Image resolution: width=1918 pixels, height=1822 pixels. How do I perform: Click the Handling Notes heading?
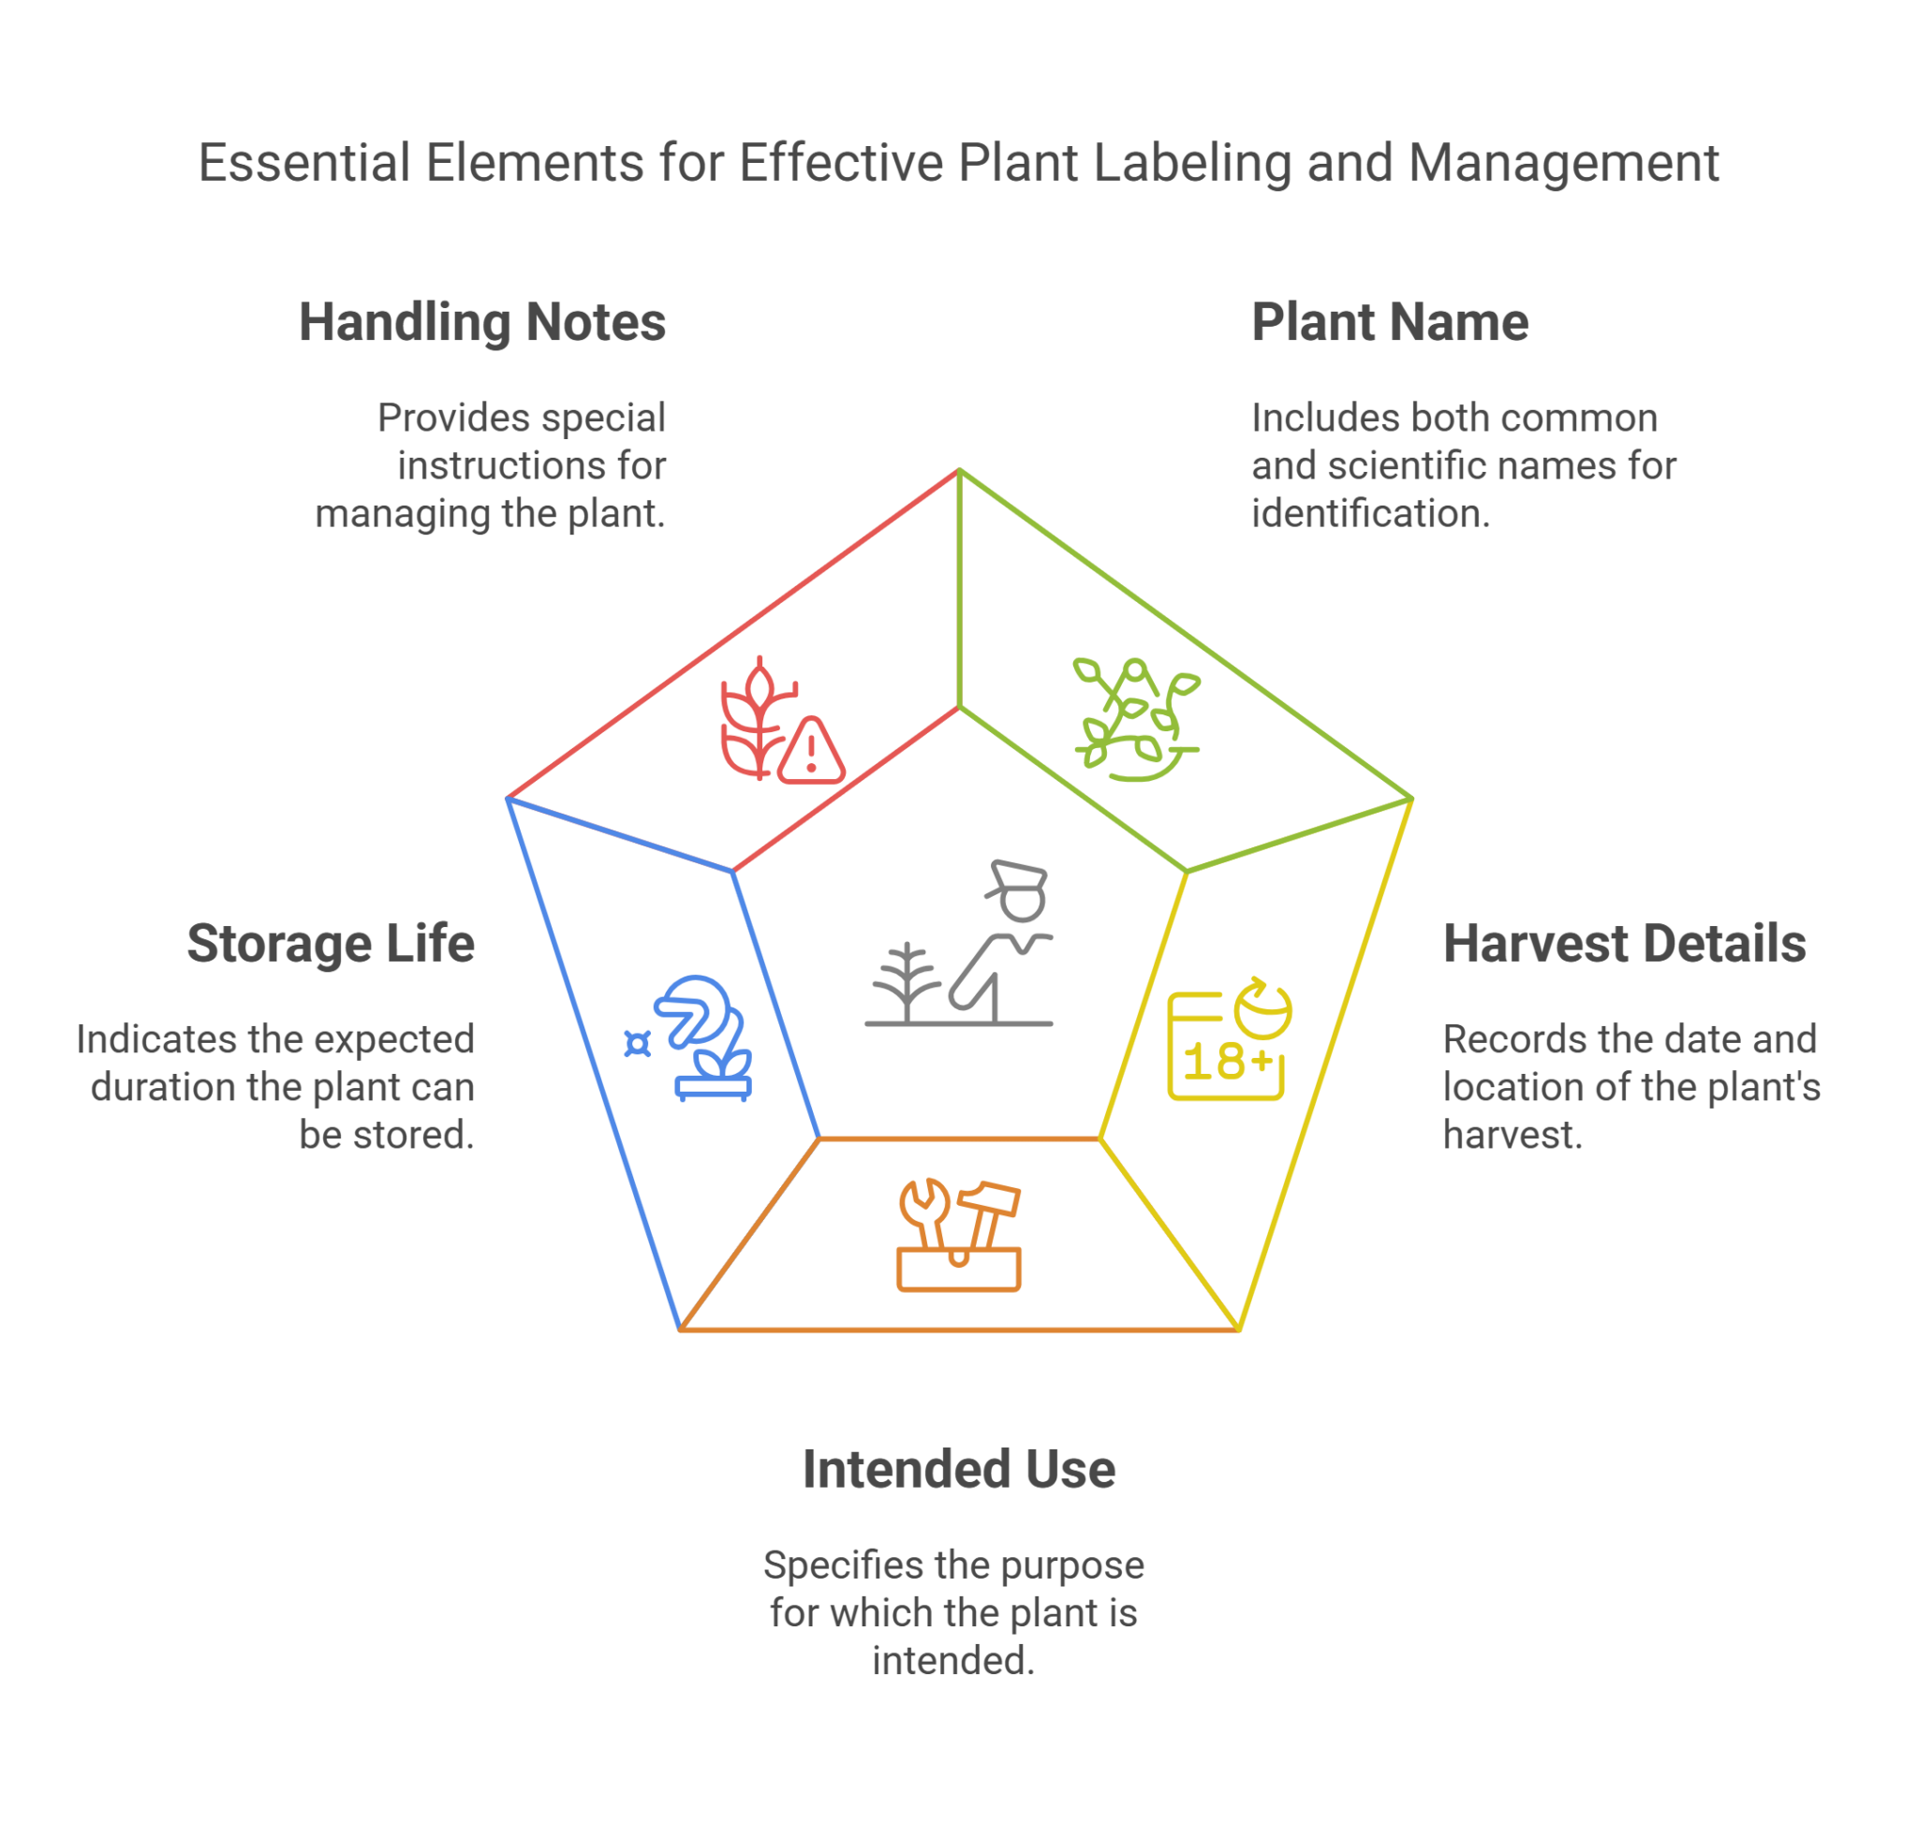tap(482, 322)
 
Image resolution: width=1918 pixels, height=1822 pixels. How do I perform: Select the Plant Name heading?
tap(1390, 322)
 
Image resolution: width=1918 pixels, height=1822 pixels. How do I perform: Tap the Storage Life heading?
tap(332, 944)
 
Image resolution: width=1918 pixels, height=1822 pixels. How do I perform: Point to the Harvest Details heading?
tap(1624, 944)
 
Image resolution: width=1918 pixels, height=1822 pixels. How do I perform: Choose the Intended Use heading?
tap(959, 1469)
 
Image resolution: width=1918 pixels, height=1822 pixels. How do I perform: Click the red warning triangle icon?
tap(811, 751)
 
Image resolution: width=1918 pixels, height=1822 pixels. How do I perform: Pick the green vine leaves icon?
tap(1137, 720)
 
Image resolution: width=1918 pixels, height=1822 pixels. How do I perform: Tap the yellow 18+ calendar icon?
tap(1229, 1040)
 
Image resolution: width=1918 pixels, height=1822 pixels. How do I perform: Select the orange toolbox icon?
tap(959, 1236)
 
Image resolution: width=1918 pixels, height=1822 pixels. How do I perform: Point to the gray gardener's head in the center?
tap(1019, 890)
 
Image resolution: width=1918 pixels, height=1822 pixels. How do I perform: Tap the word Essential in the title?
tap(304, 163)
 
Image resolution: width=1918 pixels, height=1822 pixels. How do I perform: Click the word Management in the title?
tap(1563, 164)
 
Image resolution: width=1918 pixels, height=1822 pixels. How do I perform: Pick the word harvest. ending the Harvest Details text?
tap(1512, 1136)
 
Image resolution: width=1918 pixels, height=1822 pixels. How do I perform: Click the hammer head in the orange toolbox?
tap(988, 1198)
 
